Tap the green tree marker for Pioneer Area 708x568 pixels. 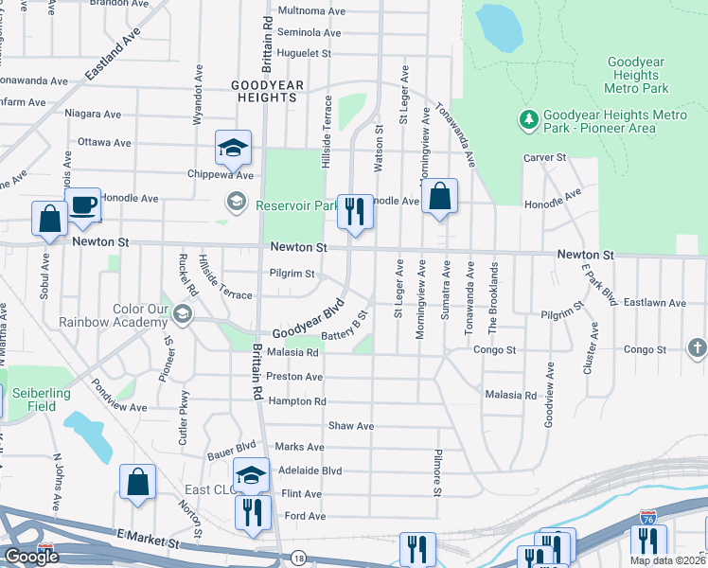528,120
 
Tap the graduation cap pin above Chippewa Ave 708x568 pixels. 232,148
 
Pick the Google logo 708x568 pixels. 32,557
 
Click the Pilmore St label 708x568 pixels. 437,472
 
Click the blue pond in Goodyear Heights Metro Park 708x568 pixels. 499,27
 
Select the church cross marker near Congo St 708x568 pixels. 698,349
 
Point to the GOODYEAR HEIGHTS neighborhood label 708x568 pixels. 268,91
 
